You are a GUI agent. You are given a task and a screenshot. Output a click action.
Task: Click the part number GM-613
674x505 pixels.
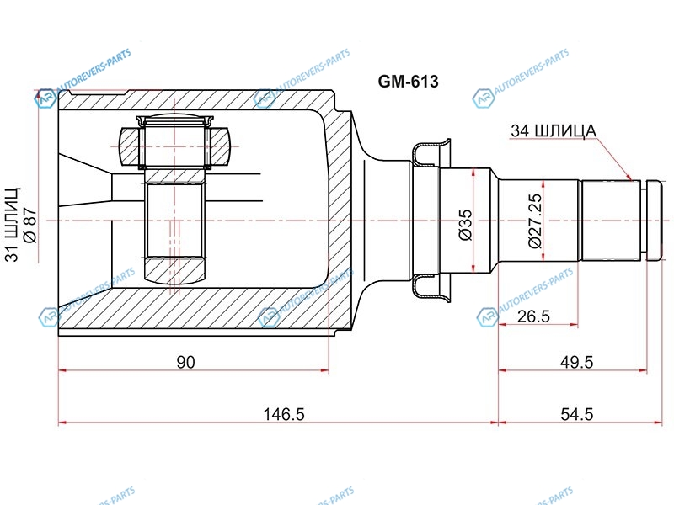point(408,81)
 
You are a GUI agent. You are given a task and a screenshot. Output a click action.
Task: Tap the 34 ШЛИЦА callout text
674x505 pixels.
point(554,130)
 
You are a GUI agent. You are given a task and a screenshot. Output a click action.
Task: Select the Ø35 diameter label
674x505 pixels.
point(466,225)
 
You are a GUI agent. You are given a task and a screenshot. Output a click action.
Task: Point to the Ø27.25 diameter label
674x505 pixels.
point(535,221)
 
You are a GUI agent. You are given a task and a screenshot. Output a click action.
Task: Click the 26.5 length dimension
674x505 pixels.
point(533,316)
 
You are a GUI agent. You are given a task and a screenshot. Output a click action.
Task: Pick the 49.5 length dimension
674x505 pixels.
point(577,363)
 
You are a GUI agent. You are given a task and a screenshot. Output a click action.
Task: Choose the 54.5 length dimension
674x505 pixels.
point(577,414)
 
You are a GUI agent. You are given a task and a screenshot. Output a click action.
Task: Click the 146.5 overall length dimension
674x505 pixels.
point(284,414)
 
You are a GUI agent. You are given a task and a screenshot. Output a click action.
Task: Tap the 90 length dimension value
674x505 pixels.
point(185,363)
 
